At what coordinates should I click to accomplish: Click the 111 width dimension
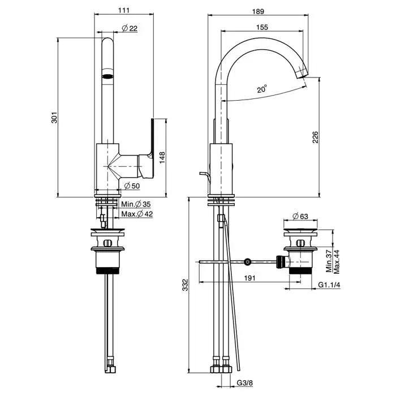(124, 10)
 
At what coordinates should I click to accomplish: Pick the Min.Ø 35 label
(136, 204)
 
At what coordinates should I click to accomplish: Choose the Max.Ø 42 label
(137, 214)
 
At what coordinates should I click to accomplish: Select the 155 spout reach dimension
(261, 27)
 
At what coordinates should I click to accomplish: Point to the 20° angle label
(261, 89)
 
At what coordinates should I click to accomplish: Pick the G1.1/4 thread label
(329, 285)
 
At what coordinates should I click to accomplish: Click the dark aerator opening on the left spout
(107, 74)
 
